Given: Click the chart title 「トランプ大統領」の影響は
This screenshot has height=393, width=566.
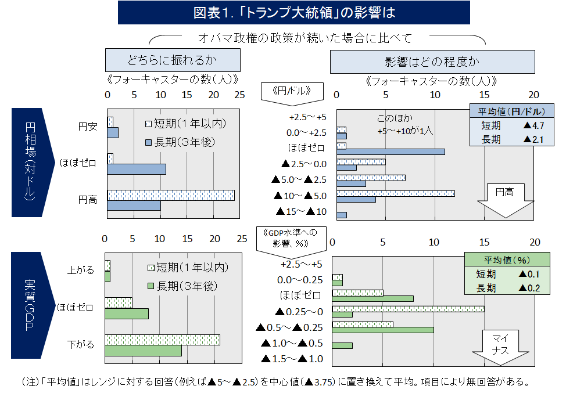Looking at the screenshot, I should pyautogui.click(x=293, y=12).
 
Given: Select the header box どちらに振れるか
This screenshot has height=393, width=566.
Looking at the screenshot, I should pyautogui.click(x=173, y=60).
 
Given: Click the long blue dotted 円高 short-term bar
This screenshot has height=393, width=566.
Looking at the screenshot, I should pyautogui.click(x=171, y=195).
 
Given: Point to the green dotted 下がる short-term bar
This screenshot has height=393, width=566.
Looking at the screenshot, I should pyautogui.click(x=162, y=340).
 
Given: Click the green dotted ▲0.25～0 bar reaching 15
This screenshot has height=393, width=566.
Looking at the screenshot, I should pyautogui.click(x=408, y=308).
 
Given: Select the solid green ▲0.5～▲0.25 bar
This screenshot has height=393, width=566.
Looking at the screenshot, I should pyautogui.click(x=383, y=330).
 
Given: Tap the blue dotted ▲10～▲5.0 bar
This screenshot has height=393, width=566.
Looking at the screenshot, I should pyautogui.click(x=395, y=193).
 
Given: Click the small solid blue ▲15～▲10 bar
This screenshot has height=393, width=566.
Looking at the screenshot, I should pyautogui.click(x=342, y=215).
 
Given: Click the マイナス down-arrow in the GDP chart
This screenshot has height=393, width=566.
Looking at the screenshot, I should pyautogui.click(x=500, y=347).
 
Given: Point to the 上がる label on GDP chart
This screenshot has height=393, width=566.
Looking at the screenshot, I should pyautogui.click(x=81, y=270).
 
